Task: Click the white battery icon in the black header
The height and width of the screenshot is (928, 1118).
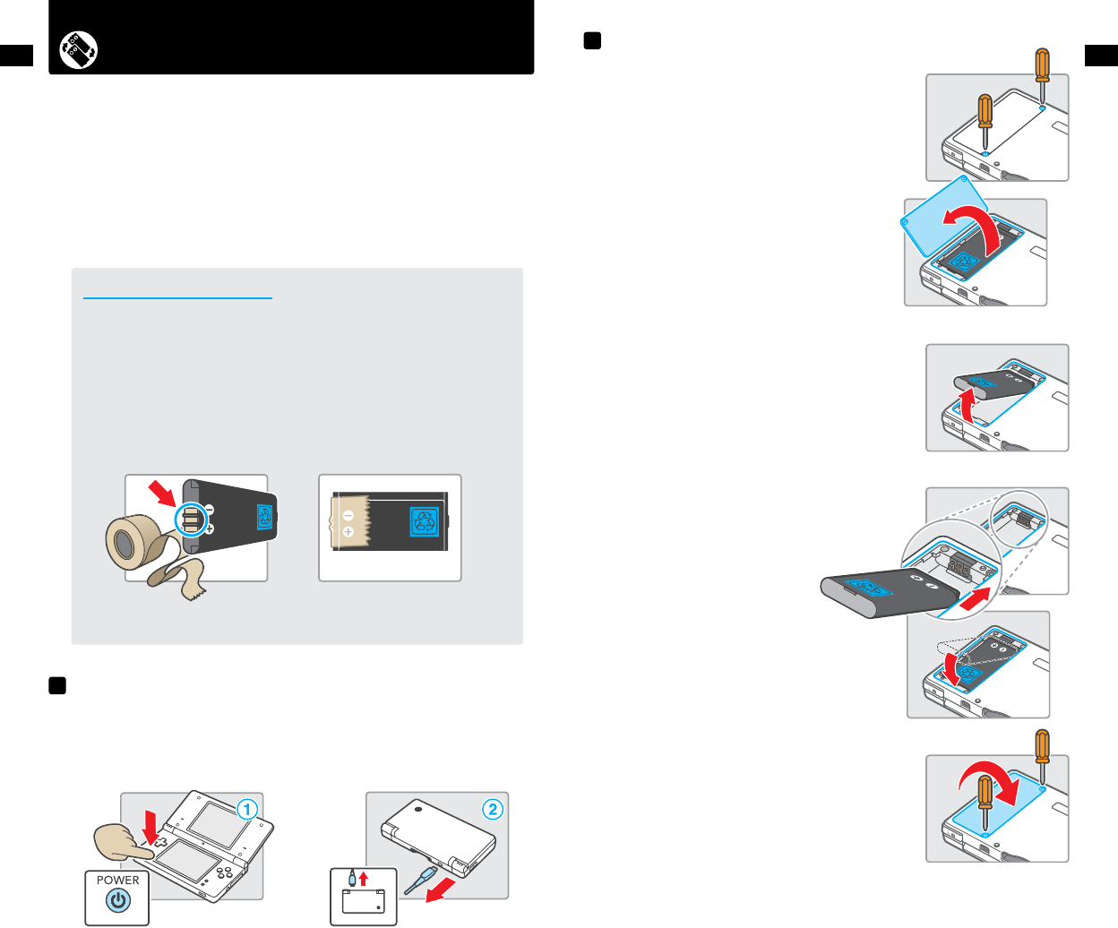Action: point(79,50)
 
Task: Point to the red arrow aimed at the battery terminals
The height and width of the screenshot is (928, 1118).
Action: point(163,493)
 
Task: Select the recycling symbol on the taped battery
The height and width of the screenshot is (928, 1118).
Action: point(424,521)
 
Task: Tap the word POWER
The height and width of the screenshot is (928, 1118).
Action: point(118,881)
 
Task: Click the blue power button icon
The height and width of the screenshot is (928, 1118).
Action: point(118,902)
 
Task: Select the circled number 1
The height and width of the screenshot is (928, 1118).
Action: point(246,810)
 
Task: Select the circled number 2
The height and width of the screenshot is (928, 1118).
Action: point(492,810)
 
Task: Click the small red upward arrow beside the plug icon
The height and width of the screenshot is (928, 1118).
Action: point(364,879)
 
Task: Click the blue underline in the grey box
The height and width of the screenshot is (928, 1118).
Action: point(177,298)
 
